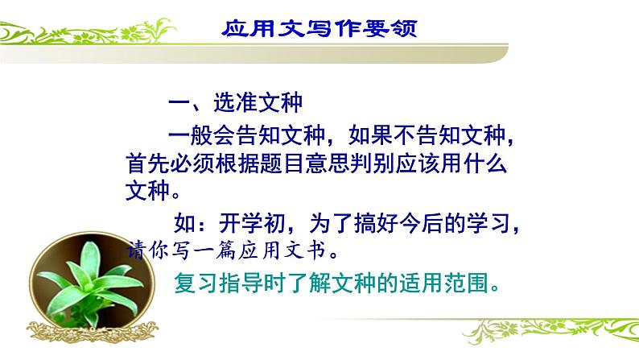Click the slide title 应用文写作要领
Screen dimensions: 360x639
pos(321,27)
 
